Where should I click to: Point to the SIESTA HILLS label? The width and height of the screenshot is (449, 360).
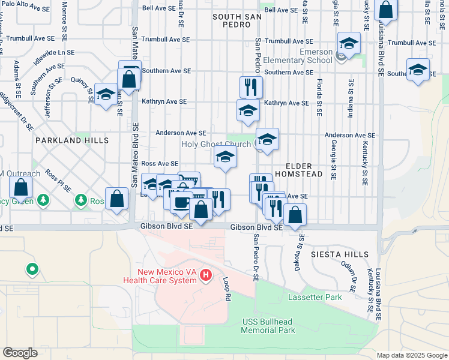pos(340,254)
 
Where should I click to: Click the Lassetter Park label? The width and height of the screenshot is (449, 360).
pos(315,297)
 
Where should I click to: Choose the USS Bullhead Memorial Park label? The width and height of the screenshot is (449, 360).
pos(268,326)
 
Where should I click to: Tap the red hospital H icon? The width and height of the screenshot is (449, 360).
pos(206,275)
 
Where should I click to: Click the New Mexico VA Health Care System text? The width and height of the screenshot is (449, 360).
pos(160,276)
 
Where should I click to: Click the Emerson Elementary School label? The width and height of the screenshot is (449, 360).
pos(299,56)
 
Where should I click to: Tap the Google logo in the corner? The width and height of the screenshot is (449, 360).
pos(20,352)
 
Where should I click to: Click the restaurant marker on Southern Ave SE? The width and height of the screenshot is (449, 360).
pos(251,86)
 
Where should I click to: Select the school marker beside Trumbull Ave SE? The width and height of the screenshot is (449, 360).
pos(349,43)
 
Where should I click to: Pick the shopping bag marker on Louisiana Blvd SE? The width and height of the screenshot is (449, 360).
pos(386,10)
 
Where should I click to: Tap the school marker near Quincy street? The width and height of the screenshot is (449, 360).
pos(106,95)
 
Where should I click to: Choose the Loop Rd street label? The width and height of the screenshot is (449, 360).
pos(227,289)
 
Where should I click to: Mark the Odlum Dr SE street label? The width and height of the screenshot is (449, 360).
pos(351,275)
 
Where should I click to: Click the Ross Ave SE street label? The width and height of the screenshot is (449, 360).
pos(160,164)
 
